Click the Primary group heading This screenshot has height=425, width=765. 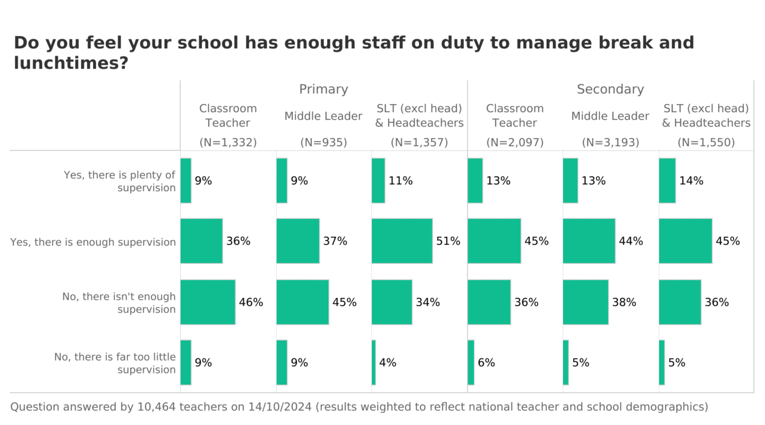pos(323,89)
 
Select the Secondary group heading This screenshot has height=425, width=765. pos(610,89)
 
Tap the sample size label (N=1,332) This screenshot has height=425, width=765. pos(228,142)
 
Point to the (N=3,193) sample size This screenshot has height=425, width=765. pos(610,142)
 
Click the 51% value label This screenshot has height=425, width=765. pos(448,241)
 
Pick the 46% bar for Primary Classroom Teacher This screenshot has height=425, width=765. pos(208,302)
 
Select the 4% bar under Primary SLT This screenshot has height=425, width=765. pos(373,362)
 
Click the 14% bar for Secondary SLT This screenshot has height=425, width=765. pos(667,181)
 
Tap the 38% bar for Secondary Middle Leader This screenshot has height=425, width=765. pos(585,302)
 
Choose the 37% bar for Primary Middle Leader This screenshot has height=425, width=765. pos(298,241)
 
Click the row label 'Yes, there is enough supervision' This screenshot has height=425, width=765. pos(93,242)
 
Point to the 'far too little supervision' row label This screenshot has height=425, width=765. pos(115,363)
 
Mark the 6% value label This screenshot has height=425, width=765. pos(486,363)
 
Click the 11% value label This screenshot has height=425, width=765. pos(401,181)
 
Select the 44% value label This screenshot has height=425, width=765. pos(631,241)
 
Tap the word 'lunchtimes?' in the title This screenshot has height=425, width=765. pos(71,63)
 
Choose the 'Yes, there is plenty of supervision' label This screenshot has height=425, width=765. pos(120,181)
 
